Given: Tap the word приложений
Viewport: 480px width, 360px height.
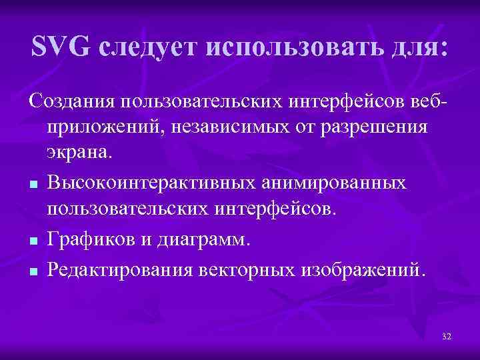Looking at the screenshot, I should (102, 127).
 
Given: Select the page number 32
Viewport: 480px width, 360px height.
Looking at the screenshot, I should (446, 337).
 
